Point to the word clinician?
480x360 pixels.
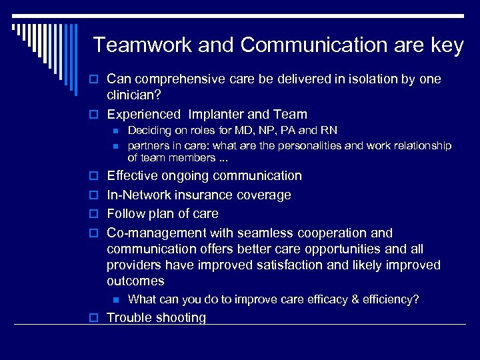click(x=134, y=95)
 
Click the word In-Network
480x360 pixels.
click(x=139, y=195)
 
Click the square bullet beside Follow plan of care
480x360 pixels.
click(x=95, y=215)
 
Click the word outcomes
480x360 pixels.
click(x=135, y=281)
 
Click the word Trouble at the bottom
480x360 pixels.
click(x=129, y=318)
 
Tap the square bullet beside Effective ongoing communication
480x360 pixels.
click(x=95, y=177)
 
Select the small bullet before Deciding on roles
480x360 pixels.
click(x=115, y=131)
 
